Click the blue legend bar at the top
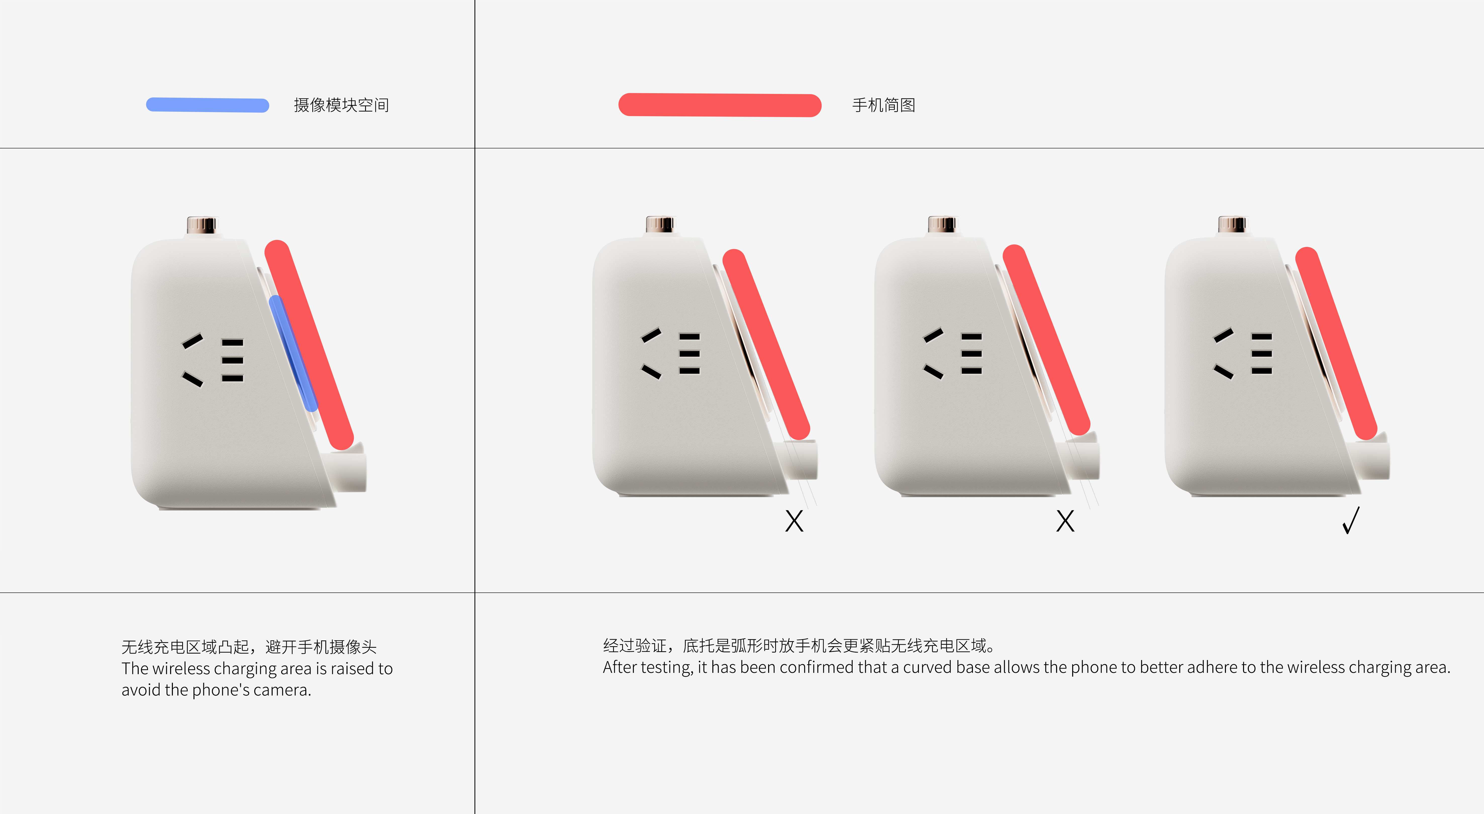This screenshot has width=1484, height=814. point(207,105)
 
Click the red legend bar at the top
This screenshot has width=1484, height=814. point(720,105)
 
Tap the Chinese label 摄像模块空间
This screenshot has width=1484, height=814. point(341,105)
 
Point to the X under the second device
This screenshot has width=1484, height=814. point(794,521)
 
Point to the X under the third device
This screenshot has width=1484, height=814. point(1065,521)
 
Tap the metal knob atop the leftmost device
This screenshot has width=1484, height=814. point(202,225)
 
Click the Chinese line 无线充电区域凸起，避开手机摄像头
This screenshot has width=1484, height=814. point(249,646)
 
